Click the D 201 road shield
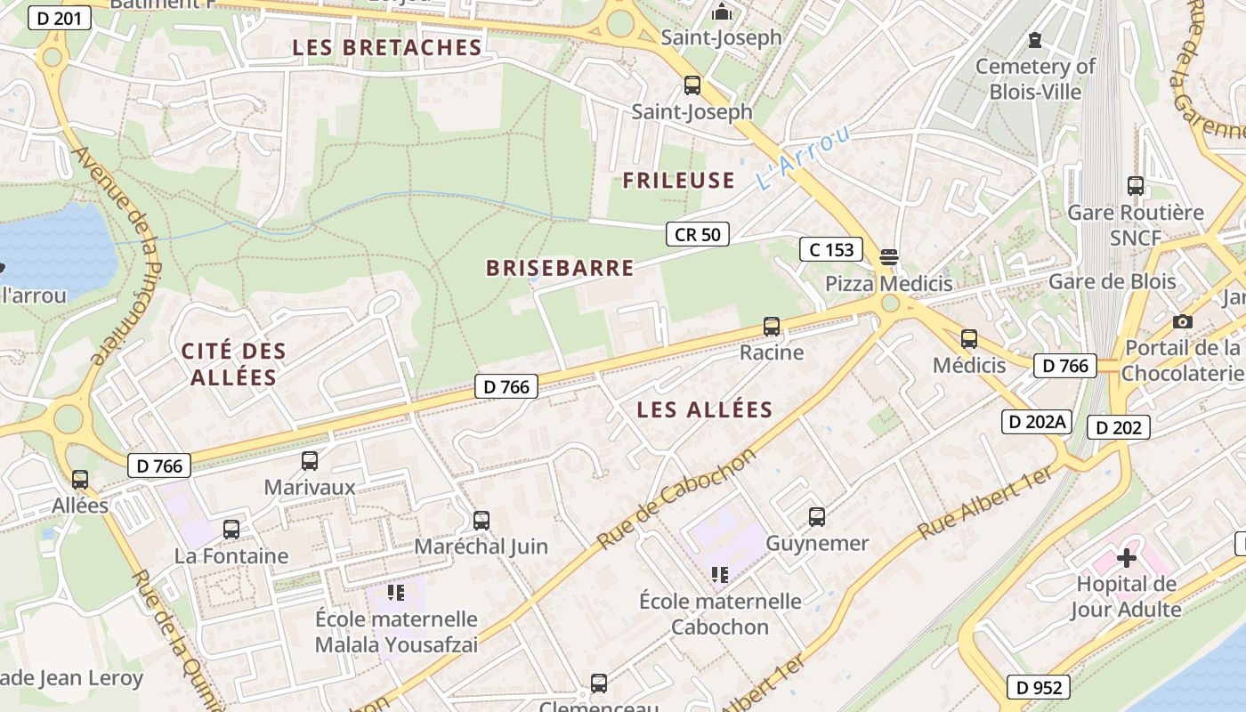[x=61, y=18]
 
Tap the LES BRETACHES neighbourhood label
[x=387, y=48]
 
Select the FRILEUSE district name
[x=678, y=181]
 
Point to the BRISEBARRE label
[x=560, y=268]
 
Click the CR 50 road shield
[x=698, y=234]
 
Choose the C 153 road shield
[x=831, y=250]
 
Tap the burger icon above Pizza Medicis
[x=888, y=258]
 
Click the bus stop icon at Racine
[x=772, y=327]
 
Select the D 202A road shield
[x=1036, y=422]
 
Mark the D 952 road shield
[x=1039, y=687]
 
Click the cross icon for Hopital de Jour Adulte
[x=1127, y=558]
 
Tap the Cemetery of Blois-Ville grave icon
[x=1035, y=40]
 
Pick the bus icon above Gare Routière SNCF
[x=1136, y=186]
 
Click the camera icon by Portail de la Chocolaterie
[x=1183, y=321]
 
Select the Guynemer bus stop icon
[x=817, y=517]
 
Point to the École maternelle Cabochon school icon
[x=720, y=575]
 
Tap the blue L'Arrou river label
[x=803, y=158]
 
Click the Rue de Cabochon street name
[x=676, y=498]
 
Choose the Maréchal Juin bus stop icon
[x=481, y=520]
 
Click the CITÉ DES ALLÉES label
[x=234, y=363]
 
